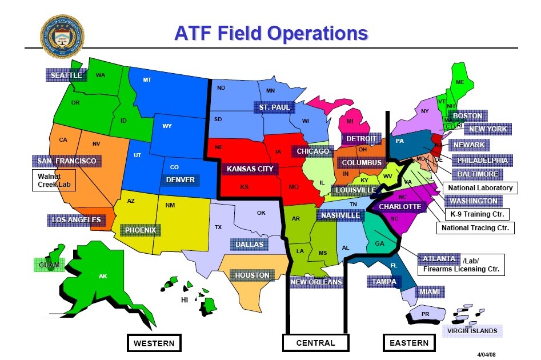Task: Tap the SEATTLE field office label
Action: point(66,75)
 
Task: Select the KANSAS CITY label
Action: point(250,169)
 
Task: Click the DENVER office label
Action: point(181,180)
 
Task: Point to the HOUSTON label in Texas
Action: point(252,275)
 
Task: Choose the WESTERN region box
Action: point(154,343)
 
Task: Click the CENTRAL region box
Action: point(315,343)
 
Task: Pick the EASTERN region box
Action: point(408,343)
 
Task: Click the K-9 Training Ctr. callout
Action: point(477,214)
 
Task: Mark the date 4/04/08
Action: point(490,354)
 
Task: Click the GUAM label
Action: point(49,265)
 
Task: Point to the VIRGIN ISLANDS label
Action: point(472,331)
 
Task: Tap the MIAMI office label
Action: point(430,292)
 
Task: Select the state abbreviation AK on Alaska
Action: point(103,277)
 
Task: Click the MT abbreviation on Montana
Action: point(147,80)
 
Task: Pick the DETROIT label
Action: point(361,139)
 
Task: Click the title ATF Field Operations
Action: point(271,33)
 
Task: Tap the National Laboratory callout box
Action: point(480,187)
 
